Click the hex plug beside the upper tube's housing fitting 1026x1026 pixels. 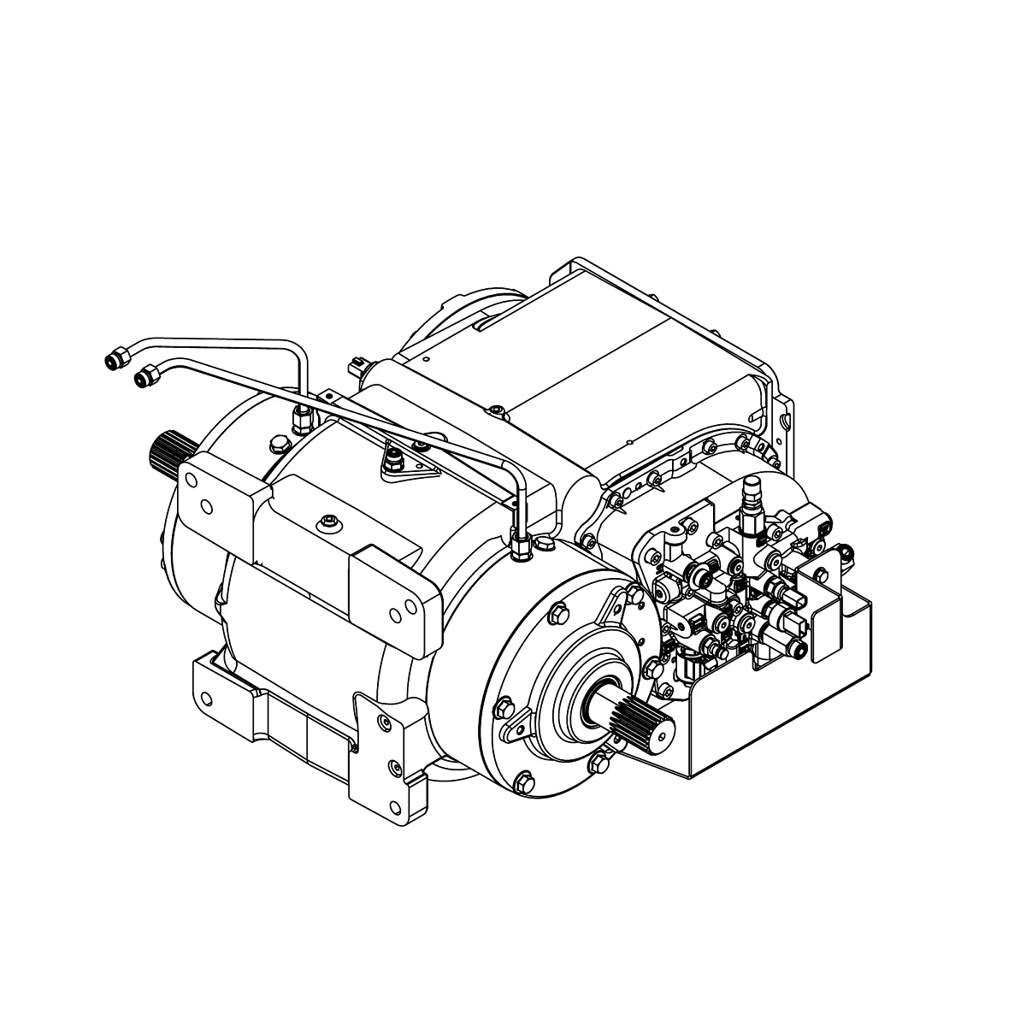point(276,444)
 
